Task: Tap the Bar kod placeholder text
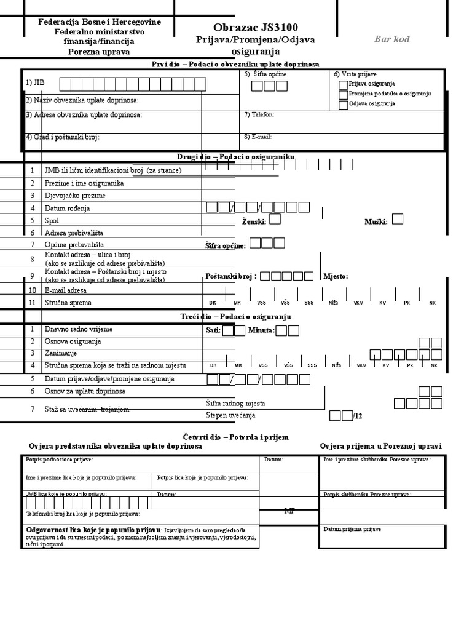(392, 39)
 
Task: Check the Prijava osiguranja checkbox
(343, 84)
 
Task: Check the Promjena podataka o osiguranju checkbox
(343, 94)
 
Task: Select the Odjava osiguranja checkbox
(343, 104)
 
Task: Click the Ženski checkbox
(275, 219)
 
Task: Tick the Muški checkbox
(398, 219)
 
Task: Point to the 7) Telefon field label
(259, 114)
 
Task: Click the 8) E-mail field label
(258, 137)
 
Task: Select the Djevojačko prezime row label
(75, 196)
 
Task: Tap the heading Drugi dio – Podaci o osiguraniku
(236, 157)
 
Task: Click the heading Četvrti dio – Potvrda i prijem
(236, 437)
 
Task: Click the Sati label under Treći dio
(213, 330)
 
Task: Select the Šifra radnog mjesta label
(235, 404)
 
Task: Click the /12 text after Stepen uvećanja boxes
(359, 417)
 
